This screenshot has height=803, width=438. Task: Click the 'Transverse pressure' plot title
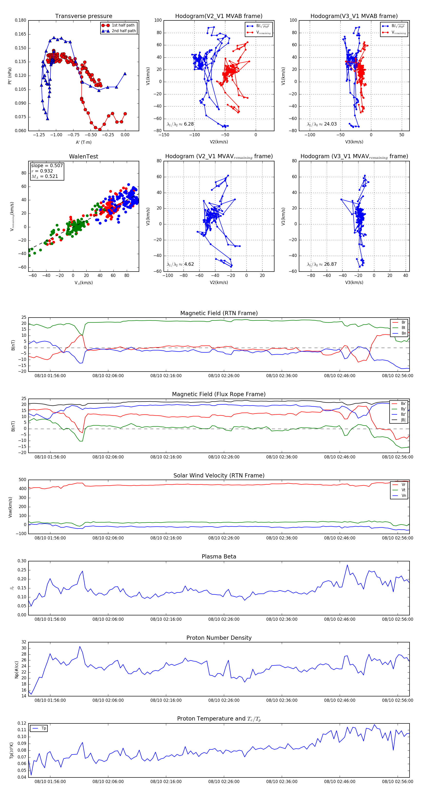(83, 16)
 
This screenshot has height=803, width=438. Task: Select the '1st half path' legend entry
(123, 25)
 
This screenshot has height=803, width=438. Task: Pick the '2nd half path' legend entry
(123, 31)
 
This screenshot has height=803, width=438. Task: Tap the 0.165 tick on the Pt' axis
(21, 34)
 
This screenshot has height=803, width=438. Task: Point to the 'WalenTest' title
(83, 156)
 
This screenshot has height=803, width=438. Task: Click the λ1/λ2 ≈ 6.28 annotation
(180, 124)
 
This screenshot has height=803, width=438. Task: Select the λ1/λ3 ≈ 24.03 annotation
(322, 124)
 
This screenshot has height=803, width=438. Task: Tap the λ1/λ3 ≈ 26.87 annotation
(322, 264)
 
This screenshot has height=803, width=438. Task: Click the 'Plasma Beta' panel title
(219, 557)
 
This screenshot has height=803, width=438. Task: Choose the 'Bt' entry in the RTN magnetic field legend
(403, 328)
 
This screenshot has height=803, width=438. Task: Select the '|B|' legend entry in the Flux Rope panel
(403, 420)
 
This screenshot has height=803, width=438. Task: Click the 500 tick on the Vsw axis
(22, 480)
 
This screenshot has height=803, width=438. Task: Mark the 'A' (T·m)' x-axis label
(83, 142)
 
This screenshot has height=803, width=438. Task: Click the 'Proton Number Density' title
(219, 638)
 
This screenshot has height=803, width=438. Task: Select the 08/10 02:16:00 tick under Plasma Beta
(166, 619)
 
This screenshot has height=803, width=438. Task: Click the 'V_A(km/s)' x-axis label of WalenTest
(83, 283)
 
